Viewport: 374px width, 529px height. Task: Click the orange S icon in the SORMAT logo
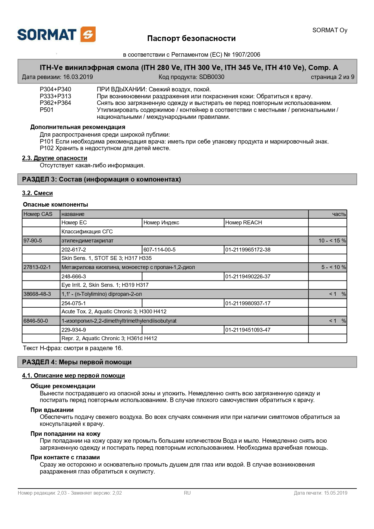(x=88, y=34)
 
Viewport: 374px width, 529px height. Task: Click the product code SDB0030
(x=211, y=77)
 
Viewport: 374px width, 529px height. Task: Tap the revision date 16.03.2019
(x=78, y=77)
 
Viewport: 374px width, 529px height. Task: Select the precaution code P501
(x=46, y=110)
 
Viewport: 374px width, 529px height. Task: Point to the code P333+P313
(x=55, y=96)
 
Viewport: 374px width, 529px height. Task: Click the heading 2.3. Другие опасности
(x=55, y=158)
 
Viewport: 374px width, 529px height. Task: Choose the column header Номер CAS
(x=38, y=214)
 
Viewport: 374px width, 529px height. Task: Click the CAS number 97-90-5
(x=33, y=241)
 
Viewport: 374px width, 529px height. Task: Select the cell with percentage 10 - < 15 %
(x=332, y=241)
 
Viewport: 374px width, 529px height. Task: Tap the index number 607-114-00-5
(x=160, y=250)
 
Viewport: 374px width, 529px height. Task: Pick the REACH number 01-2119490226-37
(x=248, y=277)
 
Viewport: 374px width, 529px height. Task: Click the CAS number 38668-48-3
(x=37, y=294)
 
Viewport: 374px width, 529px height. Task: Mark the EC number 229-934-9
(x=74, y=330)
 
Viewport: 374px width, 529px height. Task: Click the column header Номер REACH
(x=244, y=223)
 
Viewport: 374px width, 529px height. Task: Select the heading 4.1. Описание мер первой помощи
(x=73, y=375)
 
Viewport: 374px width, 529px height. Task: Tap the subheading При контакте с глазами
(x=65, y=457)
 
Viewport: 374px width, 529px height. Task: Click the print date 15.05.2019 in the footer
(x=336, y=493)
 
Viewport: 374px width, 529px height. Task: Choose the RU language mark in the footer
(x=187, y=493)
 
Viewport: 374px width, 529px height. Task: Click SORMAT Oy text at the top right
(x=330, y=30)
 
